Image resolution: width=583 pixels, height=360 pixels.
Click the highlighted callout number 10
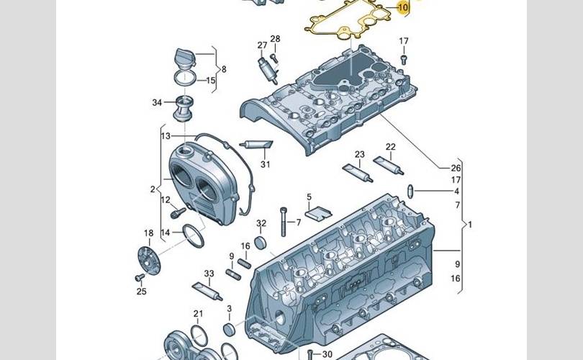click(x=402, y=8)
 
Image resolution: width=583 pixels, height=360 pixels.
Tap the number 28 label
click(x=275, y=39)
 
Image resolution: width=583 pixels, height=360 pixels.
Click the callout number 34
click(x=158, y=103)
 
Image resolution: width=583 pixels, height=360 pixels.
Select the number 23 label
click(x=360, y=155)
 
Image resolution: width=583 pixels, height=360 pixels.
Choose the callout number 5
click(x=309, y=197)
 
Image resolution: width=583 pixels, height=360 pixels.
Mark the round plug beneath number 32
click(x=263, y=240)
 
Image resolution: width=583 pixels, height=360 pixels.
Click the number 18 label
click(x=149, y=233)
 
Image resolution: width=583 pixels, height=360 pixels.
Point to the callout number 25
click(x=141, y=292)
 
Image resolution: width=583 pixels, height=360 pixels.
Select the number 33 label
click(x=209, y=274)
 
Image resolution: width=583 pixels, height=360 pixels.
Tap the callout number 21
click(x=198, y=313)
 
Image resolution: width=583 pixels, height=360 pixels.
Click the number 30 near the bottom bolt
click(x=327, y=354)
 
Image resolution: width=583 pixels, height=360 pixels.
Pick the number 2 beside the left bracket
click(x=153, y=189)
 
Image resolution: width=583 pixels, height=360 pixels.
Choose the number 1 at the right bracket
click(x=470, y=224)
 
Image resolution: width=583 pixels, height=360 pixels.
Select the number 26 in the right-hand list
click(x=456, y=168)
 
